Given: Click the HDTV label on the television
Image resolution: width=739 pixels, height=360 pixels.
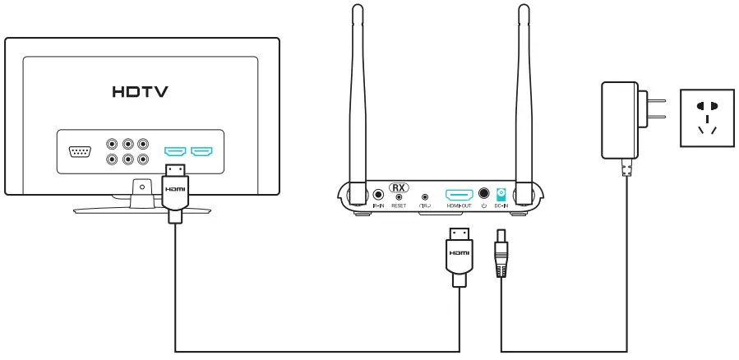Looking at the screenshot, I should (140, 91).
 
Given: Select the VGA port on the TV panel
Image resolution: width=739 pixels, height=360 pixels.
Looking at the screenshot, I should (80, 151).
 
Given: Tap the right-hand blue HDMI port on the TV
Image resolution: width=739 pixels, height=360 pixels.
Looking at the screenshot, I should (201, 151).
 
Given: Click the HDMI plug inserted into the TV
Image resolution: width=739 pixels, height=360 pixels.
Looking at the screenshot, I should (174, 190).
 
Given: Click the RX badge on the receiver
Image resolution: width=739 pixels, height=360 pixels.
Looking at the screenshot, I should (398, 187).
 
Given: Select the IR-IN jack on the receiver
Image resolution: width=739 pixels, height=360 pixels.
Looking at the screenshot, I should (379, 196).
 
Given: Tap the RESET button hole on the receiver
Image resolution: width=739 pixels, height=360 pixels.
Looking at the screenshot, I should (399, 197).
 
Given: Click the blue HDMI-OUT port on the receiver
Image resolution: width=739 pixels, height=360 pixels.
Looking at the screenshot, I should (459, 195).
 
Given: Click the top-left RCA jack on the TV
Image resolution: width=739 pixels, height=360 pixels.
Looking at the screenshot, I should (113, 143).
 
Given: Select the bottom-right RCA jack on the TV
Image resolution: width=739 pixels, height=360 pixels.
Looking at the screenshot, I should (143, 159).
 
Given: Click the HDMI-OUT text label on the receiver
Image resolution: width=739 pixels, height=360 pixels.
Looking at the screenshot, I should (459, 206).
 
